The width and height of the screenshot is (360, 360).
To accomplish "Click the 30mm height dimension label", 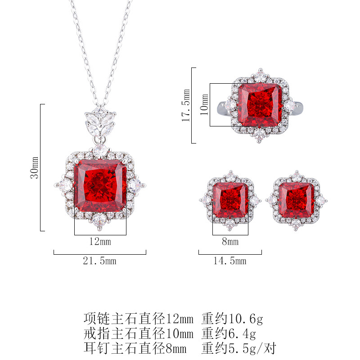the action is pyautogui.click(x=35, y=167).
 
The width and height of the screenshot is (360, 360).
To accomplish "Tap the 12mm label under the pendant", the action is pyautogui.click(x=100, y=241).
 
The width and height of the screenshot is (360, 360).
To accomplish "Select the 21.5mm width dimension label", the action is pyautogui.click(x=99, y=261).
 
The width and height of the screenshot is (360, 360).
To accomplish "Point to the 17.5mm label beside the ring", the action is pyautogui.click(x=186, y=105).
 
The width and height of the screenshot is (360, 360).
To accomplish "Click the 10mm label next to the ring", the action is pyautogui.click(x=204, y=104).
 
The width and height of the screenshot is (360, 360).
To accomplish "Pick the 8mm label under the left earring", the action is pyautogui.click(x=230, y=241).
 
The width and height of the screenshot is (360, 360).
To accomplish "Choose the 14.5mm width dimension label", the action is pyautogui.click(x=230, y=261).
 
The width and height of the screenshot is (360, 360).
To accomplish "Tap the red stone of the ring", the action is pyautogui.click(x=260, y=105).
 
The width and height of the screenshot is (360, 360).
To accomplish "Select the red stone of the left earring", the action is pyautogui.click(x=230, y=200).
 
